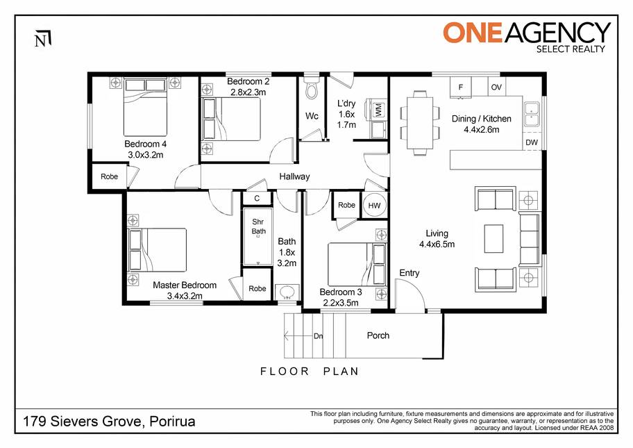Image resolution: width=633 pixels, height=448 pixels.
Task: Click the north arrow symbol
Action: pos(43,38)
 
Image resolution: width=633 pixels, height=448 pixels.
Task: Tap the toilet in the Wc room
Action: pos(312,89)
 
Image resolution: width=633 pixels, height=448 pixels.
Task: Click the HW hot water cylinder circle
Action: pos(374,205)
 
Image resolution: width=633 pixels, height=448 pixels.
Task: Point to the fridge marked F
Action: pos(461,87)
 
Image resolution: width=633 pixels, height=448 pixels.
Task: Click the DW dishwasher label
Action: pos(532,142)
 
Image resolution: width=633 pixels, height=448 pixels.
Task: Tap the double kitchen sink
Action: pos(532,114)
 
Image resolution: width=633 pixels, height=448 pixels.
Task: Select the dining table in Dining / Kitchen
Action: pos(420,123)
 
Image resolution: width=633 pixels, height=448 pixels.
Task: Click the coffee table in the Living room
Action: pos(493,238)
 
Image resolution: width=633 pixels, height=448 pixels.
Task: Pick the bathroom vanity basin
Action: pos(287,292)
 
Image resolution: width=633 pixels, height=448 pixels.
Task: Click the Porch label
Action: pos(378,335)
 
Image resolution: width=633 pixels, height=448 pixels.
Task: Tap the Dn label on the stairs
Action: pos(318,336)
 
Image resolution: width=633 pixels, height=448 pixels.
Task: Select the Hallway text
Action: pos(295,176)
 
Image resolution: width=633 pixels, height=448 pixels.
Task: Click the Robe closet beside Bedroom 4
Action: pos(110,176)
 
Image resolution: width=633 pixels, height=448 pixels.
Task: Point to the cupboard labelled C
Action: pos(257,199)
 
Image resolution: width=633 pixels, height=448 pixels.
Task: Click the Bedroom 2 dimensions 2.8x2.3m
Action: pos(248,92)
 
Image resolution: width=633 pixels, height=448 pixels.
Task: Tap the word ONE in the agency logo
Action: pos(473,33)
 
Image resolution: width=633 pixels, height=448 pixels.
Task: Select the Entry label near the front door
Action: pos(410,273)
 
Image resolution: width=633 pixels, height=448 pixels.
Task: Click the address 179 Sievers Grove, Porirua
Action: pos(109,422)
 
